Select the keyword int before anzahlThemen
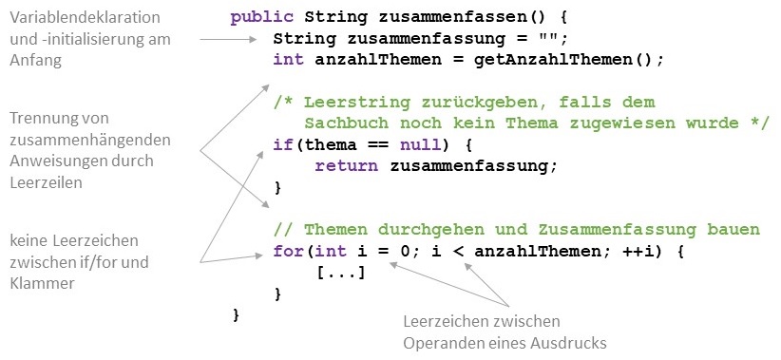(x=286, y=59)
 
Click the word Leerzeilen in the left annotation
(x=45, y=181)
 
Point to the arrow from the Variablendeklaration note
(x=229, y=40)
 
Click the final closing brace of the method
(x=237, y=313)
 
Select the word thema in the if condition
(x=316, y=144)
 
